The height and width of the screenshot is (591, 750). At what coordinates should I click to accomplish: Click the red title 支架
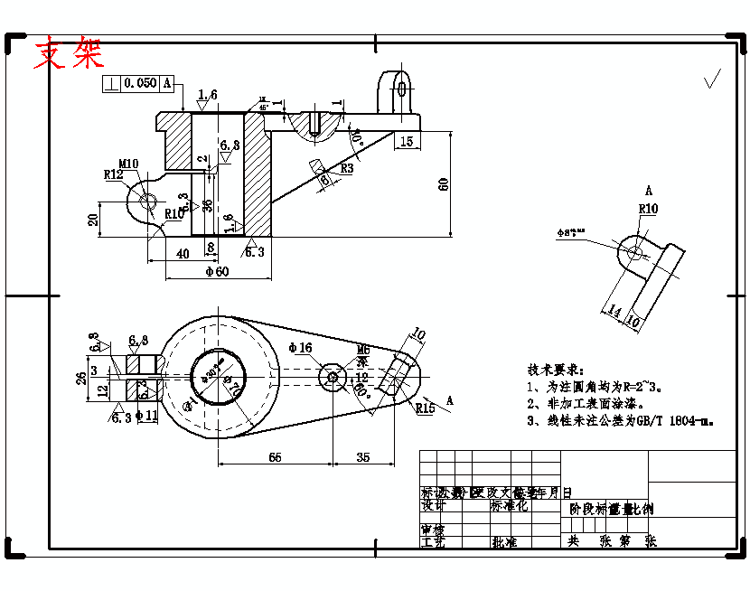[x=70, y=54]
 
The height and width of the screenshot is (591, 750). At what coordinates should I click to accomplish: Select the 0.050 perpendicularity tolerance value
[x=140, y=83]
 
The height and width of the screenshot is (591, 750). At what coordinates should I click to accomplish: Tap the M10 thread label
[x=128, y=164]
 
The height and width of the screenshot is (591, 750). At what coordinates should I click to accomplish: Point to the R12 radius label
[x=113, y=174]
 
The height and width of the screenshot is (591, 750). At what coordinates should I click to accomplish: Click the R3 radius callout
[x=347, y=168]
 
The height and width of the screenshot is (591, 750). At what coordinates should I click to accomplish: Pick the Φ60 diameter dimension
[x=217, y=271]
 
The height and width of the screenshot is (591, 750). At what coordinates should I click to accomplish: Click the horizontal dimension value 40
[x=183, y=254]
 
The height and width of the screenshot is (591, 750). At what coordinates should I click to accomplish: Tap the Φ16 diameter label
[x=300, y=348]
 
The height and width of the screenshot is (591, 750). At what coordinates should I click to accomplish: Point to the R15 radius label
[x=426, y=408]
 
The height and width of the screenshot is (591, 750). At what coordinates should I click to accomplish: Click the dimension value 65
[x=276, y=458]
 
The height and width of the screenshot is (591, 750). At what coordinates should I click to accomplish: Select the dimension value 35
[x=362, y=458]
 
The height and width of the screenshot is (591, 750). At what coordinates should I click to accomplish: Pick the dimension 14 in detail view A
[x=614, y=312]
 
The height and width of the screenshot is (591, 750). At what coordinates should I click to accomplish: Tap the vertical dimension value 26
[x=80, y=377]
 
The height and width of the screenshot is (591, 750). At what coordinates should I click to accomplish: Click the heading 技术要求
[x=556, y=371]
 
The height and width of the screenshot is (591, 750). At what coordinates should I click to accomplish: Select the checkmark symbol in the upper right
[x=713, y=80]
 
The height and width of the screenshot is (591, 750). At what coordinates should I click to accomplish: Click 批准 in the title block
[x=504, y=542]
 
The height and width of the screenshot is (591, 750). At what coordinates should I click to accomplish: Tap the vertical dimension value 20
[x=93, y=220]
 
